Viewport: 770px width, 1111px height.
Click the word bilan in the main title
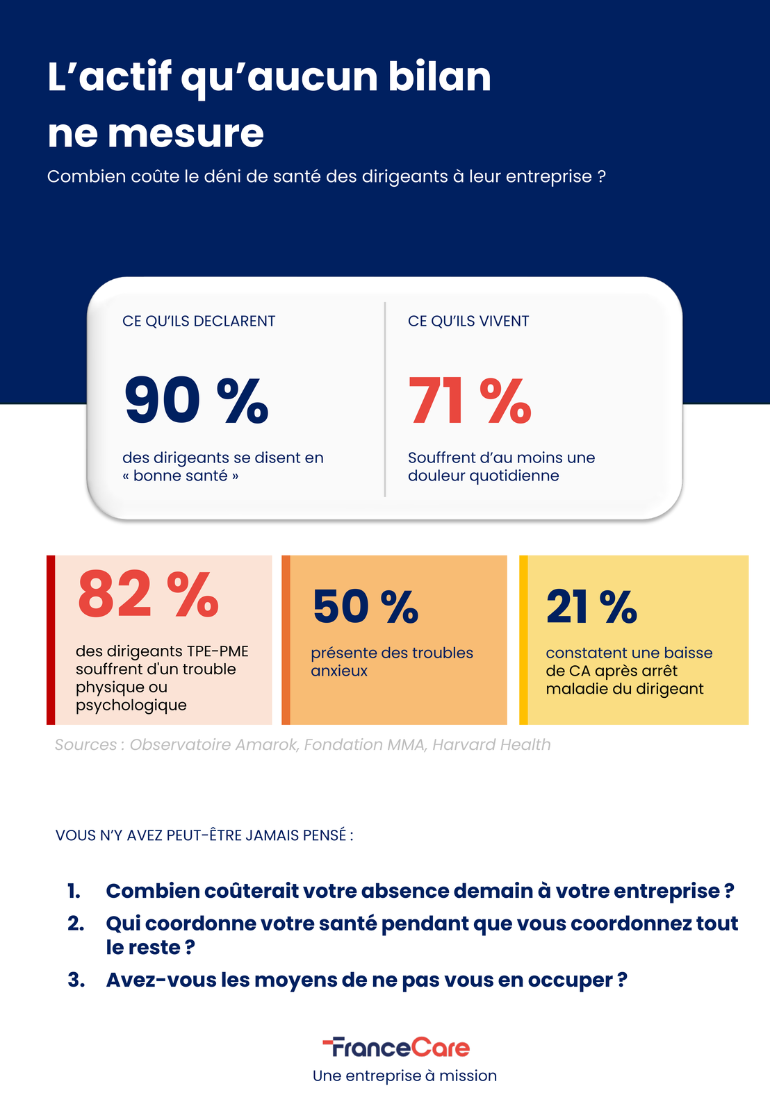[x=439, y=76]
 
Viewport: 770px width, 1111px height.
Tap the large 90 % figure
[x=197, y=401]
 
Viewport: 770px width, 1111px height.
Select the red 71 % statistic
[x=470, y=401]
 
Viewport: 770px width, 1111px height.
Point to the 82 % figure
[x=149, y=594]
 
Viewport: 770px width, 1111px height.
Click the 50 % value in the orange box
[x=366, y=607]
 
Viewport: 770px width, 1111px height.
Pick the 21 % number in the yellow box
[x=591, y=607]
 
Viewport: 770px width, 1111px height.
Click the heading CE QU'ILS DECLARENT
[x=199, y=321]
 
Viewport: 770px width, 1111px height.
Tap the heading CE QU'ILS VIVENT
[x=468, y=321]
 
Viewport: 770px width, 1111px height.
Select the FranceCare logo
[x=396, y=1047]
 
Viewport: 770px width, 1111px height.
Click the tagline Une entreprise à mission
[x=404, y=1076]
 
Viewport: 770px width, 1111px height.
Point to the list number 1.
[x=74, y=891]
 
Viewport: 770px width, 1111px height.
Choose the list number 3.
[x=76, y=980]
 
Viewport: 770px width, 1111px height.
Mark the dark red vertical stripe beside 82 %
[x=51, y=640]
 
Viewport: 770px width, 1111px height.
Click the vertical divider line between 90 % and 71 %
[x=385, y=399]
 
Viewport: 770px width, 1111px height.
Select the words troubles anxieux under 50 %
[x=392, y=662]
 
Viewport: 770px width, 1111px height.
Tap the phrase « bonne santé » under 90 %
[x=181, y=476]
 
